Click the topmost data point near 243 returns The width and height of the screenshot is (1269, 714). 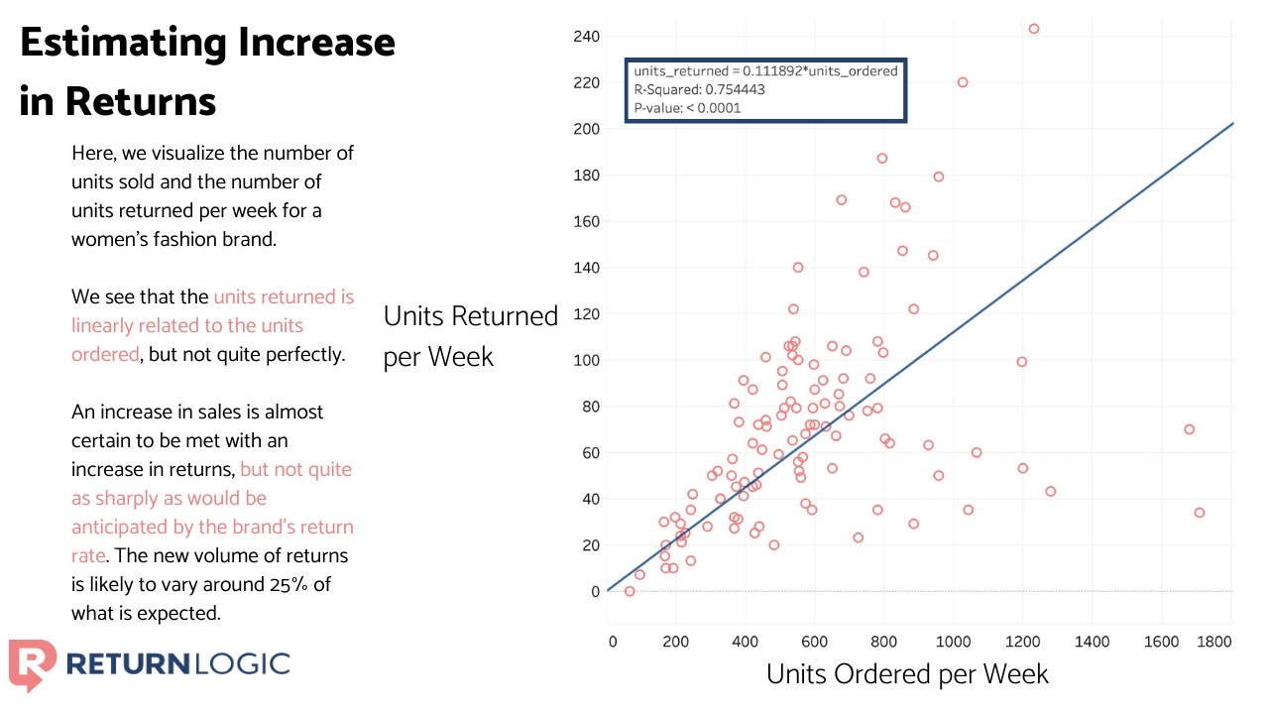[1033, 29]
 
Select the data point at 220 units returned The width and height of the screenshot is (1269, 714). [962, 82]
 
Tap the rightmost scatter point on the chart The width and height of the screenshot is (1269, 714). [1200, 513]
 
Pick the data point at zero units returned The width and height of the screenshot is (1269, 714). [629, 591]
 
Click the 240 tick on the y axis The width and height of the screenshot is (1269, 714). [586, 37]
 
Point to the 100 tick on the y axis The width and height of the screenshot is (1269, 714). [586, 360]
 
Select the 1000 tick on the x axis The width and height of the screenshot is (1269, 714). [953, 643]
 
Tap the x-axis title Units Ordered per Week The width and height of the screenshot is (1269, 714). [907, 674]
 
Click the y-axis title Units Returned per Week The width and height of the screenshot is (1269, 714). [470, 336]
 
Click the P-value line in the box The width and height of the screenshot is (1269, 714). [687, 108]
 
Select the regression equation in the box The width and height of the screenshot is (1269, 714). [765, 71]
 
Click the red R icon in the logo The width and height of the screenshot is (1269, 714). [31, 663]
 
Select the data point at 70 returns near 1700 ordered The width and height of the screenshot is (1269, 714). [1189, 429]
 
